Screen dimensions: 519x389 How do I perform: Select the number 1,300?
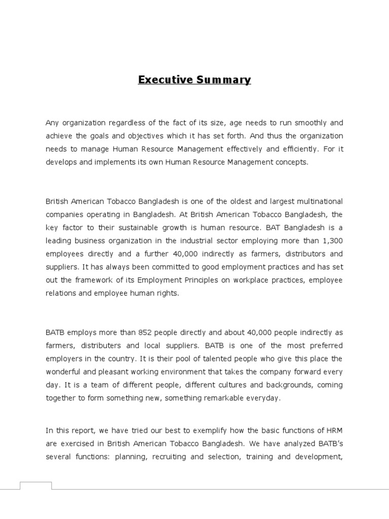[x=332, y=241]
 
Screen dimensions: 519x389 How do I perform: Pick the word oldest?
[x=229, y=201]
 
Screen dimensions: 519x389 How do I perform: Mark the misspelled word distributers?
[x=103, y=345]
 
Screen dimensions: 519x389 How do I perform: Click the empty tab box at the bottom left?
[x=35, y=486]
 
